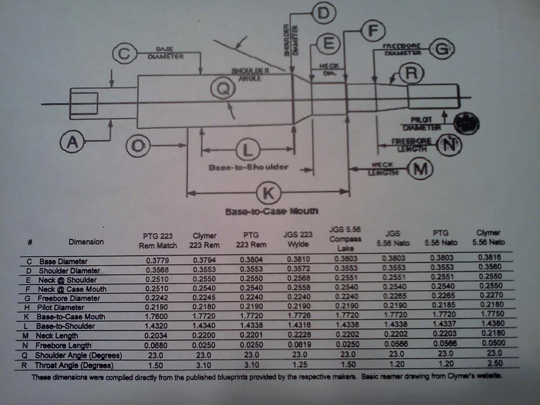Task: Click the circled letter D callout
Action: (x=323, y=14)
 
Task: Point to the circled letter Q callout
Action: (x=222, y=89)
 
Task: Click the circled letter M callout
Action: (x=418, y=169)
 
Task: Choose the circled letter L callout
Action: (x=248, y=149)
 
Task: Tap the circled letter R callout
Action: (x=411, y=75)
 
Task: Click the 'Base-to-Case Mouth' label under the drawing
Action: (x=271, y=211)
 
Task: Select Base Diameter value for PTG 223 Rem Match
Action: (x=158, y=261)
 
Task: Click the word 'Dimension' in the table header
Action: (x=86, y=242)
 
